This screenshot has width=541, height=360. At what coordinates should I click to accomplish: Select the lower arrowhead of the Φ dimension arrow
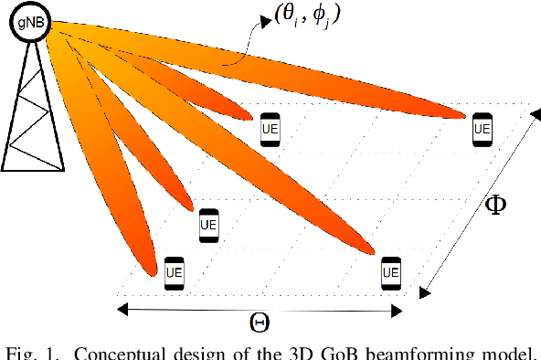(423, 292)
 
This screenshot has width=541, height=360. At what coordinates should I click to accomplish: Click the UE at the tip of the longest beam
(482, 129)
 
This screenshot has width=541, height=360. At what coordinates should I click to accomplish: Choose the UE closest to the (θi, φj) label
(270, 129)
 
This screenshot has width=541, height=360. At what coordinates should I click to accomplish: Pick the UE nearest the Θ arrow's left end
(174, 272)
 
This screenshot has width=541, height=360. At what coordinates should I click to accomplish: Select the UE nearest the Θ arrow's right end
(390, 272)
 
